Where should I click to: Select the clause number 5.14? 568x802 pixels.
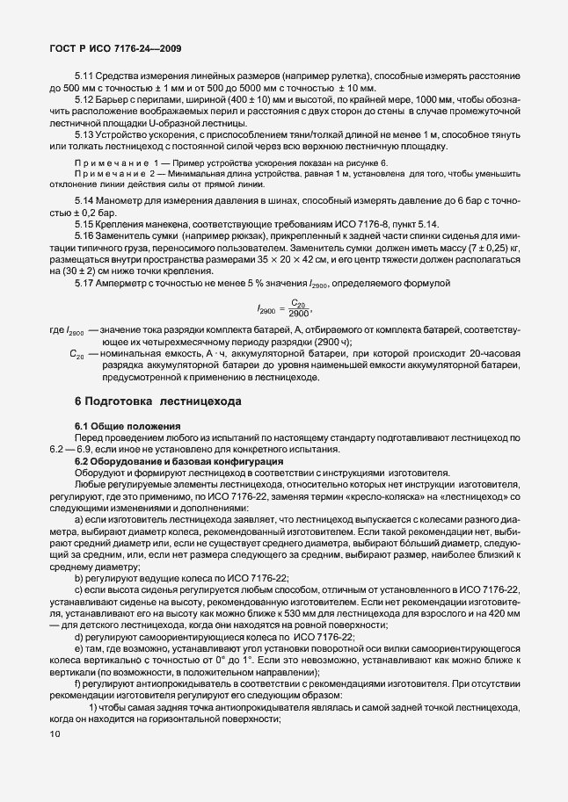[84, 201]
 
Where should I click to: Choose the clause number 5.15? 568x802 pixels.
[84, 224]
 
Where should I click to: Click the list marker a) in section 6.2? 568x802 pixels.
[78, 519]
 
